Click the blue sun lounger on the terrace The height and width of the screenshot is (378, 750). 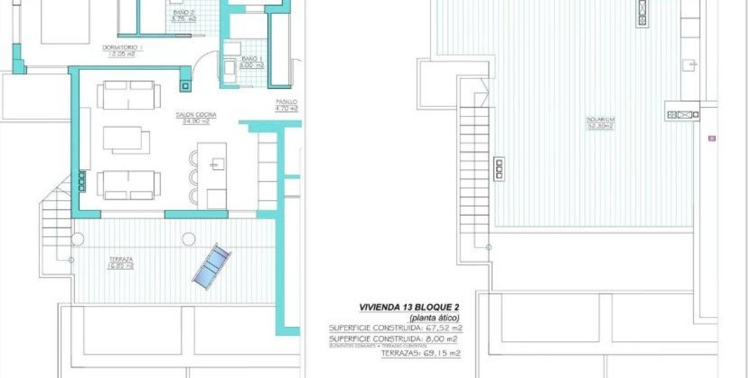pyautogui.click(x=212, y=266)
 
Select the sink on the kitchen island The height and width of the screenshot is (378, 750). pyautogui.click(x=217, y=165)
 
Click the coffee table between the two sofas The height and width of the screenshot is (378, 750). pyautogui.click(x=126, y=139)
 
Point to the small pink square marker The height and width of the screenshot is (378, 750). pyautogui.click(x=712, y=138)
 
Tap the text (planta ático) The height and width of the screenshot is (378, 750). pyautogui.click(x=434, y=318)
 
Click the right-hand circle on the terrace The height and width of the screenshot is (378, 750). pyautogui.click(x=188, y=238)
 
